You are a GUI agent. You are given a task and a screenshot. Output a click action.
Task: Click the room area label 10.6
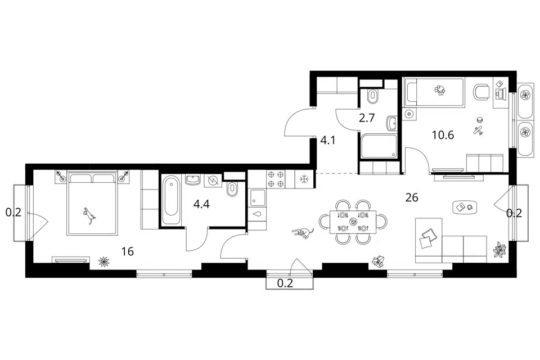pyautogui.click(x=443, y=135)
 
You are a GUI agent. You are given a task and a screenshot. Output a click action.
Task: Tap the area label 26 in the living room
pyautogui.click(x=412, y=197)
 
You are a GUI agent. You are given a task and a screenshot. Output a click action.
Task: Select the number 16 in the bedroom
pyautogui.click(x=128, y=251)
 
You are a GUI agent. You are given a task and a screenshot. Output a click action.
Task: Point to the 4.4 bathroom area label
pyautogui.click(x=201, y=204)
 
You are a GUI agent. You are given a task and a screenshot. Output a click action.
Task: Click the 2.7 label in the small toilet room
pyautogui.click(x=366, y=118)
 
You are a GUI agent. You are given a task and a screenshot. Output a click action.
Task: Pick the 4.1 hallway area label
pyautogui.click(x=328, y=140)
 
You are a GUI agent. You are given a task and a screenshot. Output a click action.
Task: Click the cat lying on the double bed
pyautogui.click(x=89, y=215)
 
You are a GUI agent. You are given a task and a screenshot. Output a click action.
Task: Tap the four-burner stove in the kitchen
pyautogui.click(x=276, y=179)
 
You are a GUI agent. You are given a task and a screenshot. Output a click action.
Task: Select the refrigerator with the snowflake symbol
pyautogui.click(x=304, y=179)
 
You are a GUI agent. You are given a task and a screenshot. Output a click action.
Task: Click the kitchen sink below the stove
pyautogui.click(x=258, y=198)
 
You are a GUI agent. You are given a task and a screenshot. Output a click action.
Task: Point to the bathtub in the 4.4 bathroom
pyautogui.click(x=171, y=200)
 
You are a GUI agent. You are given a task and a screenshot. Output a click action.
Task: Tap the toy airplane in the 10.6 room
pyautogui.click(x=478, y=130)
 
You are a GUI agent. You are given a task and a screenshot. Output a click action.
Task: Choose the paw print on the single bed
pyautogui.click(x=439, y=90)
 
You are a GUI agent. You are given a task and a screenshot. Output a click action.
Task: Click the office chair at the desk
pyautogui.click(x=481, y=92)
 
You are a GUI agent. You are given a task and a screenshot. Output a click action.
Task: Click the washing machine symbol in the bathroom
pyautogui.click(x=213, y=181)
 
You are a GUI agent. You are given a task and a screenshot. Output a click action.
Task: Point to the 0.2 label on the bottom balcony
pyautogui.click(x=285, y=283)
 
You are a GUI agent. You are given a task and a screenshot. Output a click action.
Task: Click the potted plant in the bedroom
pyautogui.click(x=103, y=262)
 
